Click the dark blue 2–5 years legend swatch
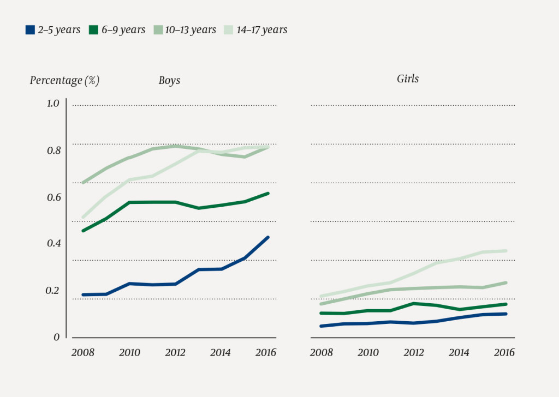tap(31, 30)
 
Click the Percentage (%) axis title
tap(64, 81)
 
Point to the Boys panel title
tap(169, 81)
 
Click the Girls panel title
tap(408, 79)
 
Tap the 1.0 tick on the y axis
tap(52, 104)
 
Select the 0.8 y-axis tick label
tap(52, 151)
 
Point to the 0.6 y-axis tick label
tap(52, 197)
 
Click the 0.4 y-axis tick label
tap(52, 244)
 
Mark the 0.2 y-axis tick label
tap(52, 291)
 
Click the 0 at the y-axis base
tap(56, 338)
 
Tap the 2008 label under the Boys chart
tap(82, 353)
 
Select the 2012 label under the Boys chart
tap(174, 353)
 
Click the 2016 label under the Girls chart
tap(504, 353)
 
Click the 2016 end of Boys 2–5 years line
tap(268, 237)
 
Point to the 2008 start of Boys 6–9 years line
tap(83, 231)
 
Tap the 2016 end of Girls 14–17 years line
tap(506, 251)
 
